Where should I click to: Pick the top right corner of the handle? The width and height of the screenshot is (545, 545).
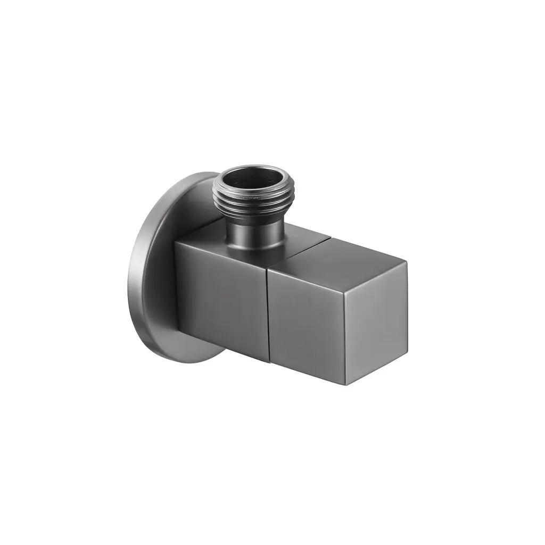[408, 262]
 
